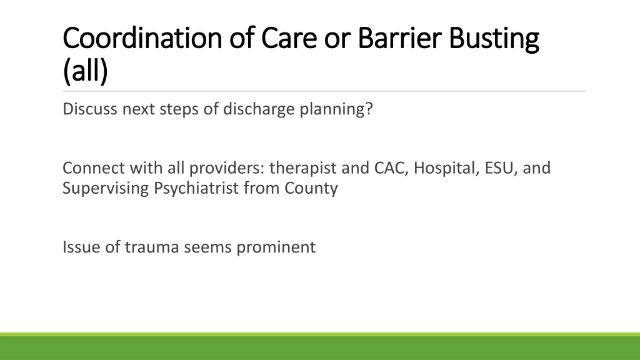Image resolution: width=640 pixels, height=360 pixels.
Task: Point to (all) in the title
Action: click(x=85, y=71)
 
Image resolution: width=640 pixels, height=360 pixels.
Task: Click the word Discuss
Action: click(x=90, y=109)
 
